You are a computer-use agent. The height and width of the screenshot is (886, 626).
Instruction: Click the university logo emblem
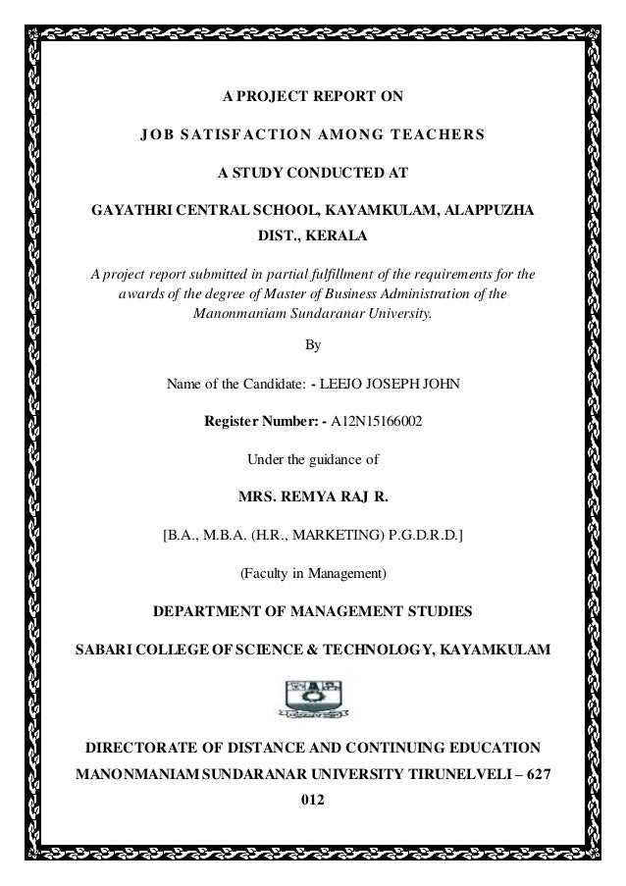[x=313, y=698]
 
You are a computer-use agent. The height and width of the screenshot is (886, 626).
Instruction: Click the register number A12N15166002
[x=379, y=422]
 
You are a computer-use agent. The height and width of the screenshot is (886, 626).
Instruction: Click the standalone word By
[x=313, y=345]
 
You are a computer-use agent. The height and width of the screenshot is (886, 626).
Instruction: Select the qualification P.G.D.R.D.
[x=423, y=535]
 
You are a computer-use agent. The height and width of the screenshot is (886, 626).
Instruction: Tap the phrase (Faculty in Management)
[x=313, y=572]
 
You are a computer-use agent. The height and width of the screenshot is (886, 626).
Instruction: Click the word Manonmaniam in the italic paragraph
[x=233, y=315]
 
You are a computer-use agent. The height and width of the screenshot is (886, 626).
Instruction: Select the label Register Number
[x=257, y=422]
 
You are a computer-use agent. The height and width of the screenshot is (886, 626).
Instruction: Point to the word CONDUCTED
[x=330, y=173]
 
